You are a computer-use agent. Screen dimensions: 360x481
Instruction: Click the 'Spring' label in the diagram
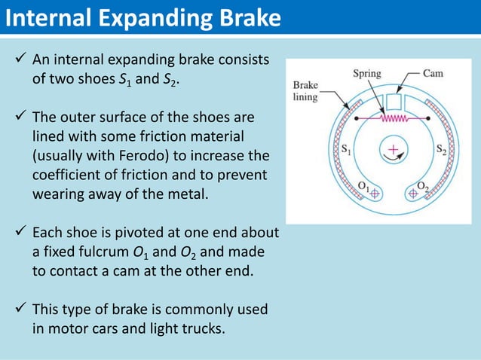[x=367, y=74]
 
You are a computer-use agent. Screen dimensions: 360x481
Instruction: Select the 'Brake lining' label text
[x=306, y=91]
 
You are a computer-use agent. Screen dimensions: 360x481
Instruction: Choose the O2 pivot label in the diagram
[x=422, y=185]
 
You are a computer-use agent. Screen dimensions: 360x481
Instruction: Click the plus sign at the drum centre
[x=393, y=150]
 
